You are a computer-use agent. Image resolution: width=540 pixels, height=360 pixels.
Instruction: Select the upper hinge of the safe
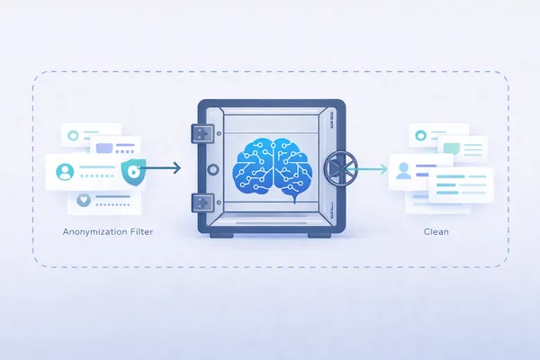coord(200,132)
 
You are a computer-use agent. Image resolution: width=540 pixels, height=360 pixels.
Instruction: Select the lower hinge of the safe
coord(200,201)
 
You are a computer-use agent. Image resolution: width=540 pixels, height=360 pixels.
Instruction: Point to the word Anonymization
coord(94,231)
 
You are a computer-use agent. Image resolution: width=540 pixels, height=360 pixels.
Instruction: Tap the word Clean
coord(436,231)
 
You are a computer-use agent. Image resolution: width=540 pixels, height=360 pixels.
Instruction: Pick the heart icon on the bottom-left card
coord(84,201)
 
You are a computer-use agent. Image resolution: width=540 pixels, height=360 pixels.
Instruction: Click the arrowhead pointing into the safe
coord(176,168)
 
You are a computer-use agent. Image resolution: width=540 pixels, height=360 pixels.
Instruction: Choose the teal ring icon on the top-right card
coord(420,136)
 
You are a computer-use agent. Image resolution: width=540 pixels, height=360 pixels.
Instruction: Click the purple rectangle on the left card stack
coord(104,148)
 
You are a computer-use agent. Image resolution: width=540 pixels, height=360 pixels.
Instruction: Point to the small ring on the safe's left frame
coord(212,168)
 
